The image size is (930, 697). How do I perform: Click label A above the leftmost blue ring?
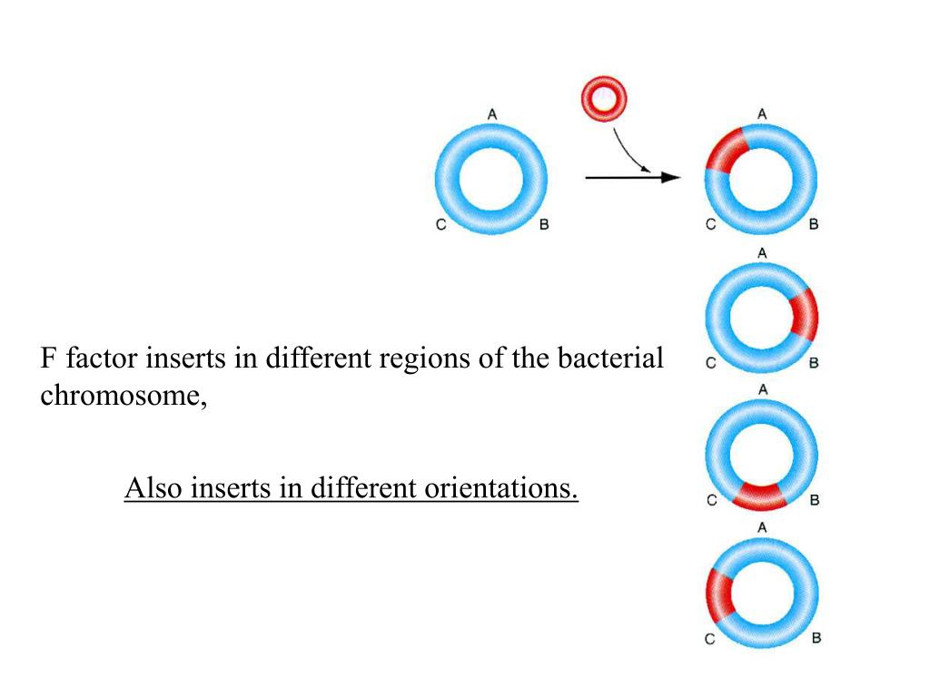pos(491,114)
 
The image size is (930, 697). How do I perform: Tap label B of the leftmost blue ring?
pos(544,224)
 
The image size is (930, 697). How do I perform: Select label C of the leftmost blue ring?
pos(440,224)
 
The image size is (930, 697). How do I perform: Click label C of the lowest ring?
pos(710,639)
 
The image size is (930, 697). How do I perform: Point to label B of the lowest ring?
pos(816,638)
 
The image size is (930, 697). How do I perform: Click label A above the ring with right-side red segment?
pos(762,252)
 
